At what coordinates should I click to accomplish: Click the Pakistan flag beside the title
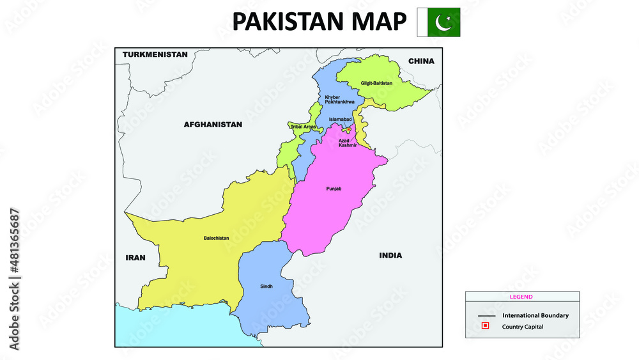tap(438, 22)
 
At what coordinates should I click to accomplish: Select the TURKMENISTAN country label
tap(155, 54)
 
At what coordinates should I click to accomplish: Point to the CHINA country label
tap(421, 61)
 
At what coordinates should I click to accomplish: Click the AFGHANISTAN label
tap(213, 125)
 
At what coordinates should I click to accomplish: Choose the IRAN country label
tap(135, 258)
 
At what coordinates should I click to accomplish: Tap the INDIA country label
tap(390, 255)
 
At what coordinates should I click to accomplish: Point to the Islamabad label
tap(339, 120)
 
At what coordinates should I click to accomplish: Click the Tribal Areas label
tap(303, 127)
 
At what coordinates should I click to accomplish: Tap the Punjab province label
tap(334, 189)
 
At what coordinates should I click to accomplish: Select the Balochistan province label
tap(216, 238)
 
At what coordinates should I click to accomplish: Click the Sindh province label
tap(266, 286)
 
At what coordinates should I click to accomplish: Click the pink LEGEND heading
tap(521, 297)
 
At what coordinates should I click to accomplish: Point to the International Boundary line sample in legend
tap(486, 316)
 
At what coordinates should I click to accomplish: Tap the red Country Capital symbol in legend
tap(486, 326)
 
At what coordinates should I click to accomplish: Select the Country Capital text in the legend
tap(523, 327)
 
